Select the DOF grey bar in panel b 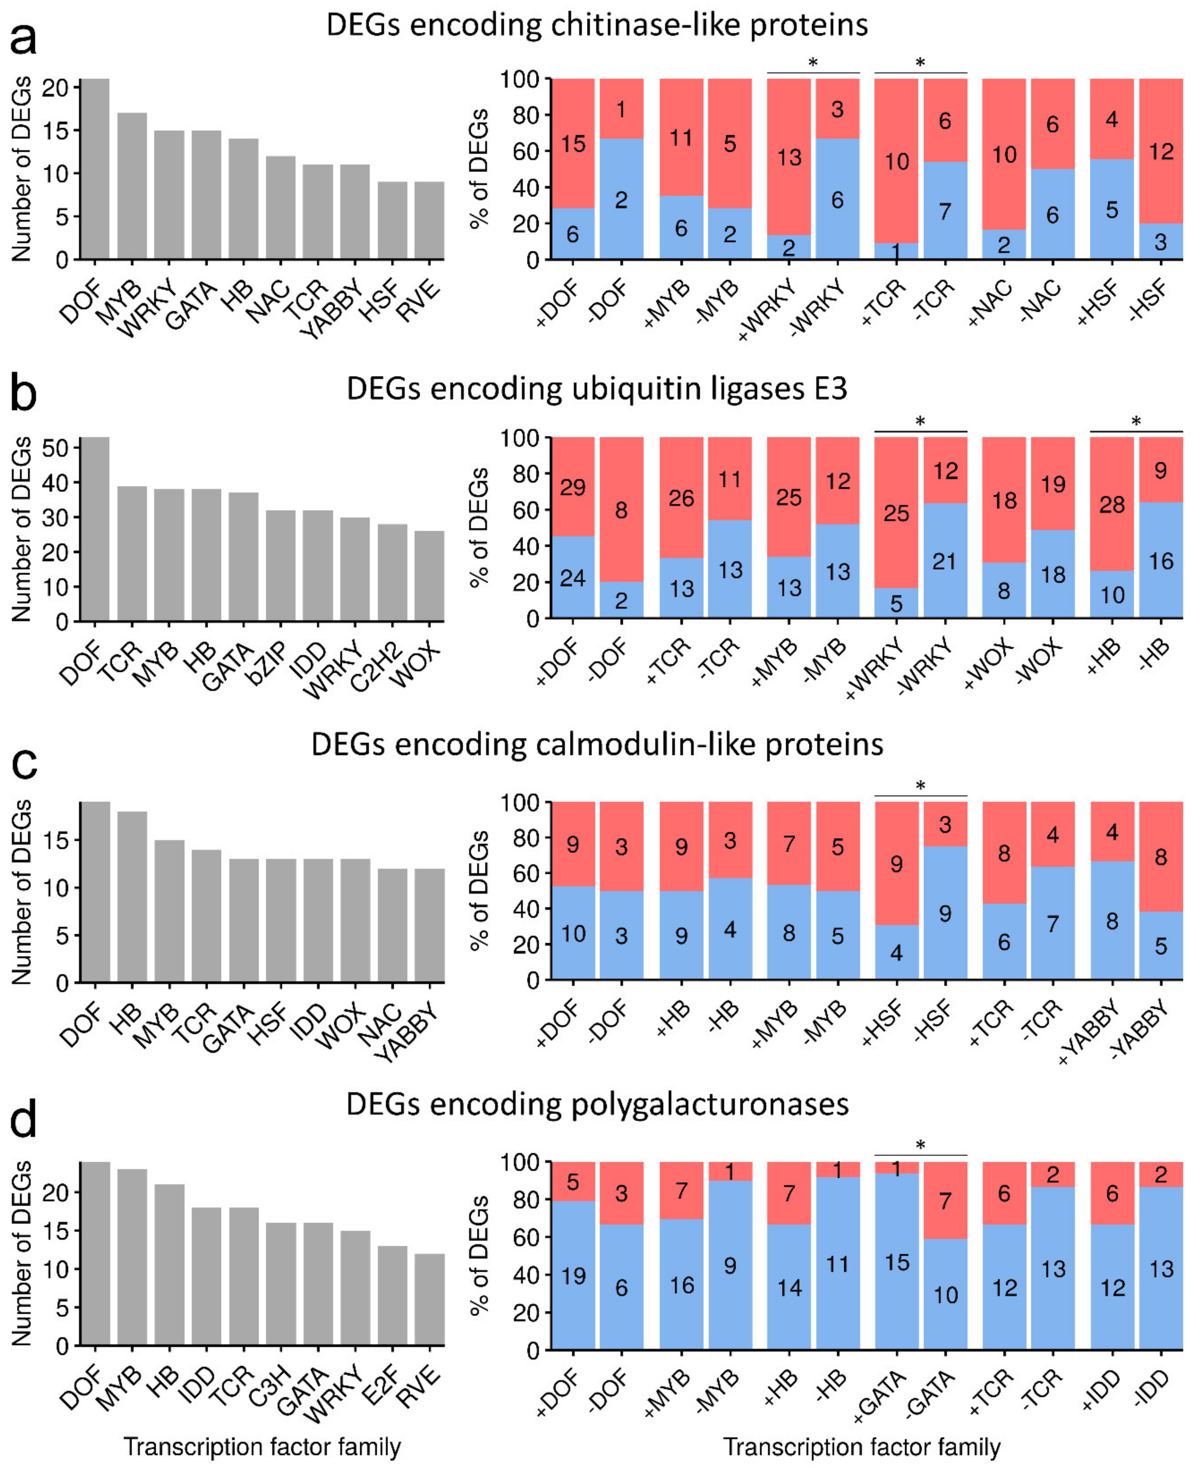[x=95, y=529]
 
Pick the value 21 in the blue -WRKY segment [x=945, y=561]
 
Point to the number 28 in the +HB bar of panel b [x=1112, y=505]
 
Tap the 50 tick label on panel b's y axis [x=55, y=448]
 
